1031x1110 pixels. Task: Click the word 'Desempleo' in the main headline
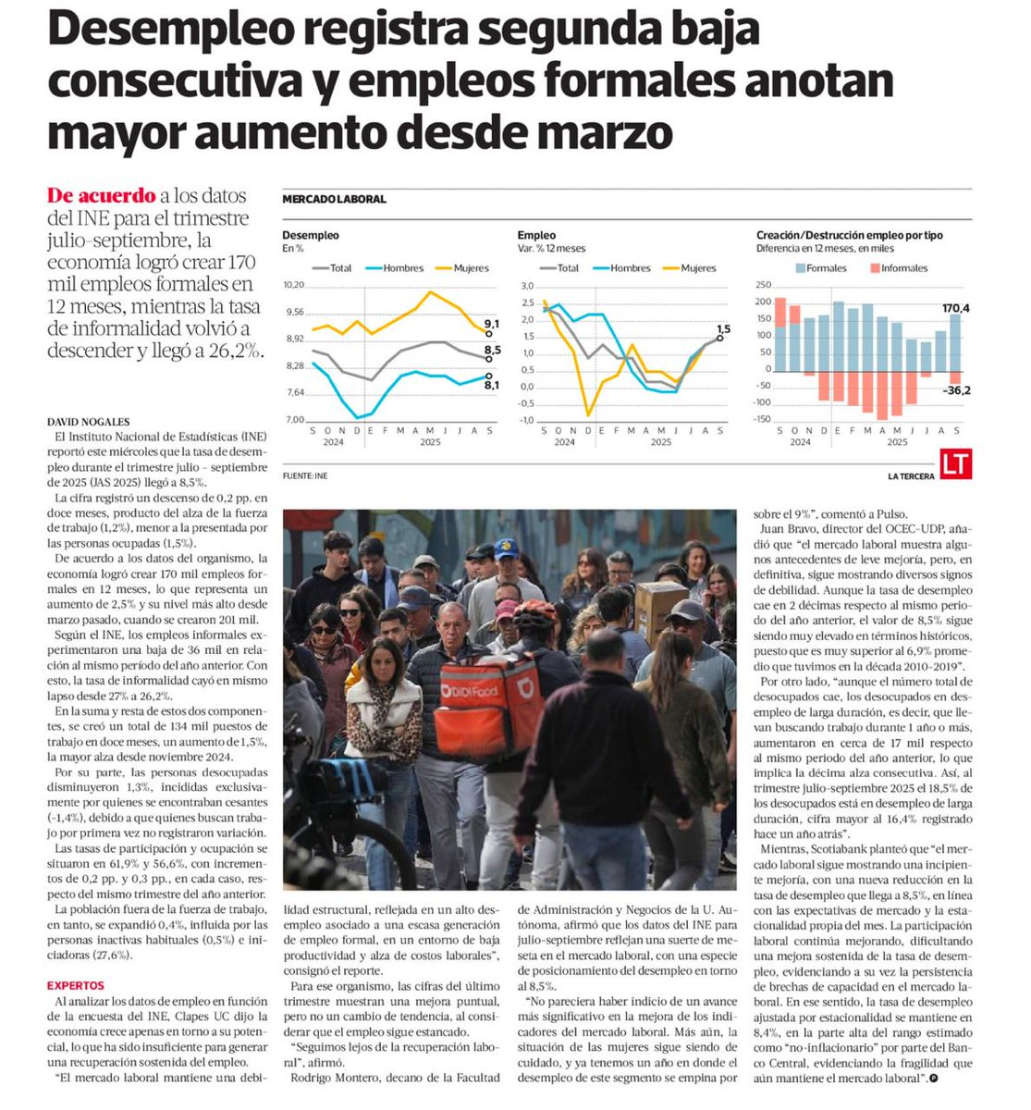(x=173, y=31)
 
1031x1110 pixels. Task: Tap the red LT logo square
(x=956, y=465)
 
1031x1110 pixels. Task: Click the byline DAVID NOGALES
(x=90, y=422)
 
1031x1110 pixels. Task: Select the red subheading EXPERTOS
(x=76, y=986)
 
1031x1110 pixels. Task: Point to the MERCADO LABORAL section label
(x=334, y=199)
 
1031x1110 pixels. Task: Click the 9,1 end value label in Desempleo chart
(x=492, y=324)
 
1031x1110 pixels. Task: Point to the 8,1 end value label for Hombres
(x=492, y=385)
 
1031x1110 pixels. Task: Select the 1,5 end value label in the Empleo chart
(x=723, y=328)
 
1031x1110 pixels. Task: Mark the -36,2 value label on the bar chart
(x=955, y=390)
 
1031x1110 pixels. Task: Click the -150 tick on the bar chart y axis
(x=762, y=419)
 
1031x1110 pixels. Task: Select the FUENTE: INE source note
(x=305, y=475)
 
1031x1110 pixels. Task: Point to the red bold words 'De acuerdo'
(x=101, y=195)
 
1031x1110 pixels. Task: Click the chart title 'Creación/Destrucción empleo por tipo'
(x=849, y=235)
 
